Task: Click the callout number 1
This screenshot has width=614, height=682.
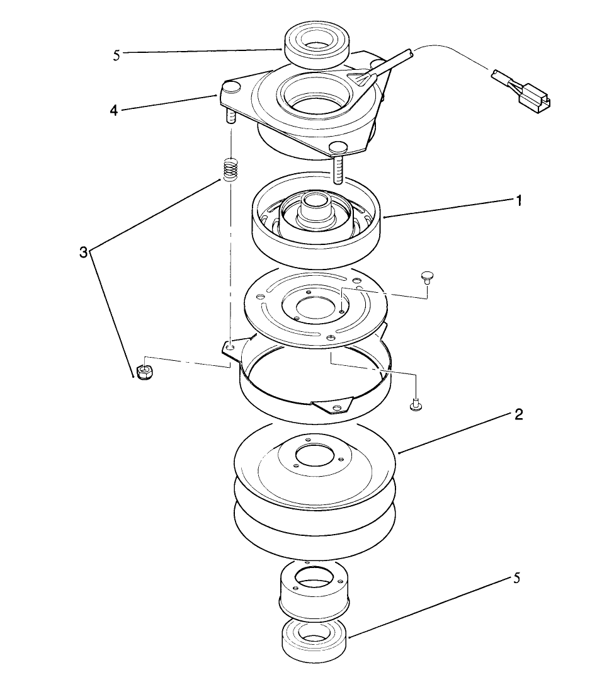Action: click(x=518, y=201)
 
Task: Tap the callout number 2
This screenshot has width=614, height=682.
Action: click(x=518, y=415)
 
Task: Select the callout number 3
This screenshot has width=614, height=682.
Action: click(x=83, y=253)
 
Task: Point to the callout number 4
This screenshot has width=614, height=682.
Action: click(x=113, y=110)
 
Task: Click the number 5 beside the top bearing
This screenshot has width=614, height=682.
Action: click(x=117, y=55)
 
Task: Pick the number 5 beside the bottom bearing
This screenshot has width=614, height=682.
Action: click(x=516, y=578)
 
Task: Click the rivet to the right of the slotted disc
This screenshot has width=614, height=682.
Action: click(x=427, y=278)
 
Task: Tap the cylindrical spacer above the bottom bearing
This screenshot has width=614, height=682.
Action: click(x=313, y=589)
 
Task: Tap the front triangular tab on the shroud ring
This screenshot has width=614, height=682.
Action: click(x=333, y=406)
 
